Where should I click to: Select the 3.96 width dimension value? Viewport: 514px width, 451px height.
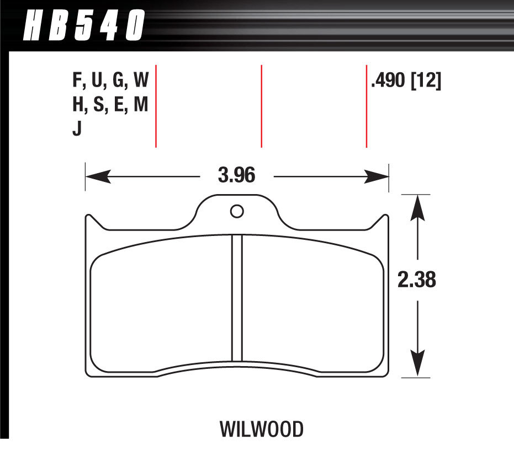click(237, 176)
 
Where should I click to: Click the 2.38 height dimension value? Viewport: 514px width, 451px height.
click(417, 281)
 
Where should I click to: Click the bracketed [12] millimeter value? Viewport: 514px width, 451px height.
click(426, 83)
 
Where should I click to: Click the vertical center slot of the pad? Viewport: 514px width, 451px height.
click(237, 298)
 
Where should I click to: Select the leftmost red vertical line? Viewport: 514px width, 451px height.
click(156, 106)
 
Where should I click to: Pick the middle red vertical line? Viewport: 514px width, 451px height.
click(261, 106)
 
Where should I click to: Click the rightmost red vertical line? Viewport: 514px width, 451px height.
click(367, 106)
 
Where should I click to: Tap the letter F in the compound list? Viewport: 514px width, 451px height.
click(76, 83)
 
